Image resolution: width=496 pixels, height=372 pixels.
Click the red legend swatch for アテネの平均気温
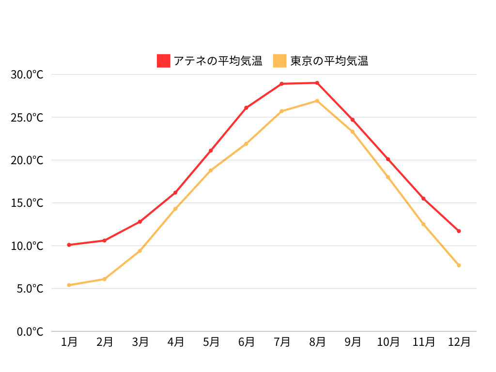164,61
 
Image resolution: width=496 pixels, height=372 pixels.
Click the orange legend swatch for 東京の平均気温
280,61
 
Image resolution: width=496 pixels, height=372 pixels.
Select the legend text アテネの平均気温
217,61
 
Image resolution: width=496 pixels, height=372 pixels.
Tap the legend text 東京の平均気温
329,61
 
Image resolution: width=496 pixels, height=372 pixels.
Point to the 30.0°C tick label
27,75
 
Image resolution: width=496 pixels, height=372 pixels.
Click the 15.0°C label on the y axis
27,203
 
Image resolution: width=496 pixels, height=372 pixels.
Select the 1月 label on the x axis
69,342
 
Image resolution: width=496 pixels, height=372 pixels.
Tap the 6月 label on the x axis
246,342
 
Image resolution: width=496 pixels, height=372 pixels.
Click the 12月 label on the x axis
459,342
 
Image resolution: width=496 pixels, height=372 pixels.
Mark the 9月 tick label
353,342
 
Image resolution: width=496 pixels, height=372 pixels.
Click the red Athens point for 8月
317,83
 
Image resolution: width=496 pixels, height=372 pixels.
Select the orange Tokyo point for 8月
317,101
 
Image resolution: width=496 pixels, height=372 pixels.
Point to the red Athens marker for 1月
69,245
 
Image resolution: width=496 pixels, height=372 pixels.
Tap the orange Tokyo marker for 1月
69,285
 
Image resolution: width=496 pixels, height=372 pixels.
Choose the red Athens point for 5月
211,151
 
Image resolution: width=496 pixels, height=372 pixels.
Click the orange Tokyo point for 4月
175,209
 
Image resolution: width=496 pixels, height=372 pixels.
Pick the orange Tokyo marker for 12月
459,265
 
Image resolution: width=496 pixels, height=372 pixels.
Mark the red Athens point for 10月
388,159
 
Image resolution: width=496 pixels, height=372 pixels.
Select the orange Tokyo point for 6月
246,144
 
